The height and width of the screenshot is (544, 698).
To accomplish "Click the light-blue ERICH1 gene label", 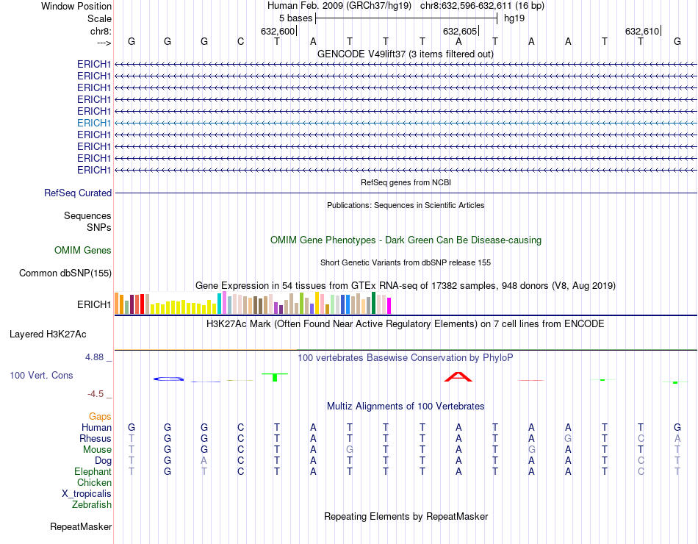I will pos(94,123).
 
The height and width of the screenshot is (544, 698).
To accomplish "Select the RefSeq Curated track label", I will pos(78,193).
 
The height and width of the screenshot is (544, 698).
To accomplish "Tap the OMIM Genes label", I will pos(83,251).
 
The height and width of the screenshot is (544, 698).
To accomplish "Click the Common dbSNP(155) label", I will pos(65,273).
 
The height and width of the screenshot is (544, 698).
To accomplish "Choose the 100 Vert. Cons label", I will pos(41,376).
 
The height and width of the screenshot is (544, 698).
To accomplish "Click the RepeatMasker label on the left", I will pos(81,527).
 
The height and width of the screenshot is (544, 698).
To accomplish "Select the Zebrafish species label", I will pos(92,505).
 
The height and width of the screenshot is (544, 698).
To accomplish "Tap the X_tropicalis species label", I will pos(87,494).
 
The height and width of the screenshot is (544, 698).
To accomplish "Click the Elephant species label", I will pos(93,472).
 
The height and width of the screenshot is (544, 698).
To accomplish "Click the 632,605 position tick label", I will pos(460,32).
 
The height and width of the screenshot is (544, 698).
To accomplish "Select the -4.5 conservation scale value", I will pos(96,394).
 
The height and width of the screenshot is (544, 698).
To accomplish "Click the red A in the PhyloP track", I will pos(458,377).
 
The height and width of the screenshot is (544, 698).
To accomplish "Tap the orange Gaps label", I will pos(100,417).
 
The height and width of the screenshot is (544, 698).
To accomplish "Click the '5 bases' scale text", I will pos(295,18).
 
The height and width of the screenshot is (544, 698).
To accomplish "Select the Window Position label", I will pos(76,7).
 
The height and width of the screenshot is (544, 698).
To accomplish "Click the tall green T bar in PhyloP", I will pos(275,377).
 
